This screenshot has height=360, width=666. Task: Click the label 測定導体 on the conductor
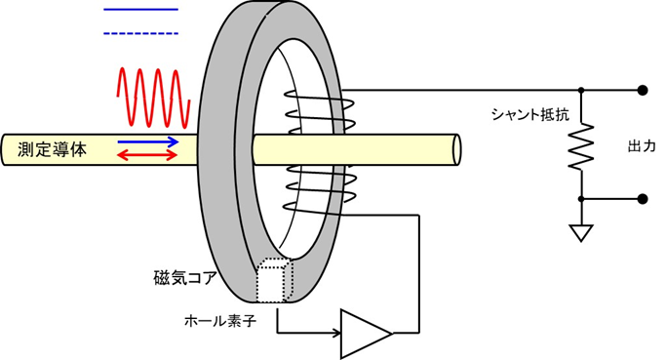tap(53, 149)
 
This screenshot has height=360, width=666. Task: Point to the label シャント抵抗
tap(529, 114)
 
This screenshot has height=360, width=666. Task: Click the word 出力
tap(641, 145)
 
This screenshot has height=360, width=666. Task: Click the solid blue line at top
tap(140, 10)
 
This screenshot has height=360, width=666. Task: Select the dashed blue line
tap(140, 34)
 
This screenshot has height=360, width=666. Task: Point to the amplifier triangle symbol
tap(364, 333)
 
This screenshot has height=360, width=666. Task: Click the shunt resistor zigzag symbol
tap(581, 145)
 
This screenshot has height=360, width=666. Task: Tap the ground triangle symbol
tap(581, 234)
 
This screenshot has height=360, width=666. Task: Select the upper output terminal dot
tap(642, 90)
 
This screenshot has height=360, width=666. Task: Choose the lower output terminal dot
tap(642, 199)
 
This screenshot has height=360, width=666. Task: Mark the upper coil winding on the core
tap(311, 108)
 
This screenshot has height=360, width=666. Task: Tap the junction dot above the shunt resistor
tap(581, 90)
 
